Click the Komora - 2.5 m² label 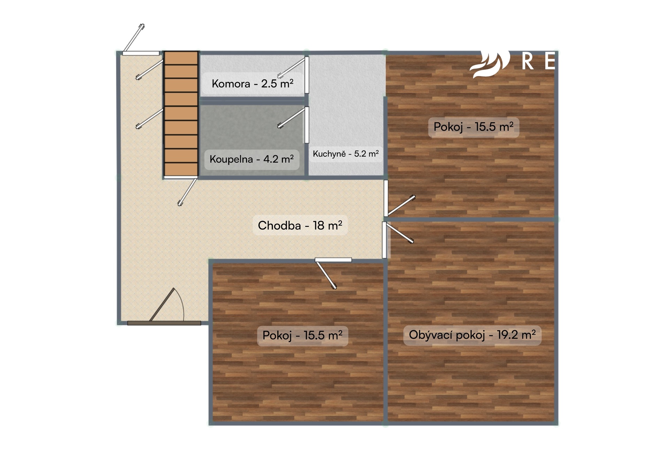coord(253,84)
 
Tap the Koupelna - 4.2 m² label coord(252,159)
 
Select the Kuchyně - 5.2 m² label coord(346,154)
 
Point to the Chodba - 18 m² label coord(300,225)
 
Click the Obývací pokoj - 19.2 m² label coord(472,335)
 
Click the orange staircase coord(181,114)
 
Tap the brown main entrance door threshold coord(164,323)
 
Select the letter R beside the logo coord(528,62)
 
